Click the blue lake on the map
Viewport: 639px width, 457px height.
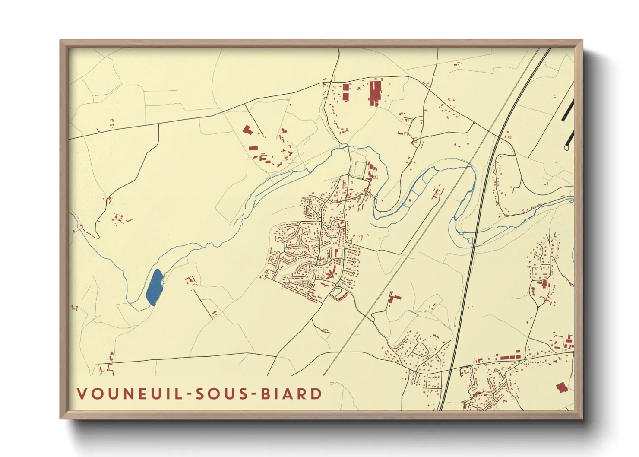tap(154, 287)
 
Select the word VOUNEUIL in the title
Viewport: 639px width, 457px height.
tap(130, 394)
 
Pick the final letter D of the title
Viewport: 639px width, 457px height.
tap(317, 394)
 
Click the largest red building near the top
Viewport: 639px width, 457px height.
tap(375, 92)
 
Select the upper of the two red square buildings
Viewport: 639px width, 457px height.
tap(345, 87)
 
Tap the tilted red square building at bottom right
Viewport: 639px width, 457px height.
tap(561, 387)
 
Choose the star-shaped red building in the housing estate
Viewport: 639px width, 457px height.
tap(332, 273)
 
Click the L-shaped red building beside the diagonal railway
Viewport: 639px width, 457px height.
tap(393, 298)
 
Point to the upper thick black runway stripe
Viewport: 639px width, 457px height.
tap(568, 110)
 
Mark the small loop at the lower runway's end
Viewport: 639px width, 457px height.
tap(566, 147)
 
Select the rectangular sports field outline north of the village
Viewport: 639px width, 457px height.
tap(359, 168)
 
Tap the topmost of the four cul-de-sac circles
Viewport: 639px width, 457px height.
tap(355, 250)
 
